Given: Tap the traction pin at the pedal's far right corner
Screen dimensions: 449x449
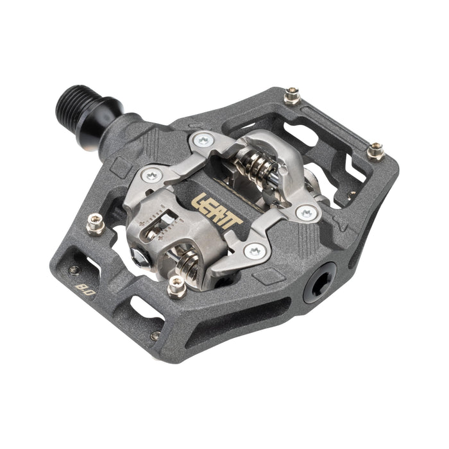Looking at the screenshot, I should [376, 151].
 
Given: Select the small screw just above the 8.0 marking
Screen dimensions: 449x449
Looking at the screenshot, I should [75, 269].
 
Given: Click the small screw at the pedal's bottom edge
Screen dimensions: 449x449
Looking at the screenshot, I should [155, 335].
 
